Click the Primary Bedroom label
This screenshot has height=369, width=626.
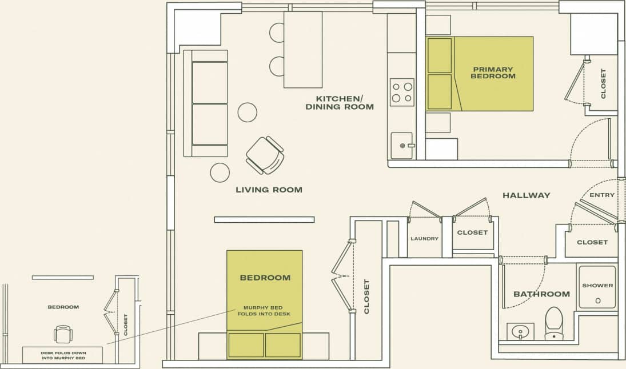493,73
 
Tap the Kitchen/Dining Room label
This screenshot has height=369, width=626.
340,102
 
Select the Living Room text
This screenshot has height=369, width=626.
269,190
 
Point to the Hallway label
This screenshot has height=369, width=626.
526,195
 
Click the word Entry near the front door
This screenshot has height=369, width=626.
602,195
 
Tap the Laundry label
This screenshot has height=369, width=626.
424,239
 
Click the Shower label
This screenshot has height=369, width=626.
597,286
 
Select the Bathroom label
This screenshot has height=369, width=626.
541,294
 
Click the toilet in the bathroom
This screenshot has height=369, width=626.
554,323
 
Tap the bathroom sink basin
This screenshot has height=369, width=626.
520,331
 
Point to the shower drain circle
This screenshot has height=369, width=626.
597,300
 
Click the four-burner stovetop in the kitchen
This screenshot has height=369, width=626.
401,92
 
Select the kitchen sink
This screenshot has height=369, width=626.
401,145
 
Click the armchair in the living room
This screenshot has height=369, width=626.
265,155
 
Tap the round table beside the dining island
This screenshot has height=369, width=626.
247,112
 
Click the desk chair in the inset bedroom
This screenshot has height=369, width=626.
62,333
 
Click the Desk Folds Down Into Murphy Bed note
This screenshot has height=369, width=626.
63,355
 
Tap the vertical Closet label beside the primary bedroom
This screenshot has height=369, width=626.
603,84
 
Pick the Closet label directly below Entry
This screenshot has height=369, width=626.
592,242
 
